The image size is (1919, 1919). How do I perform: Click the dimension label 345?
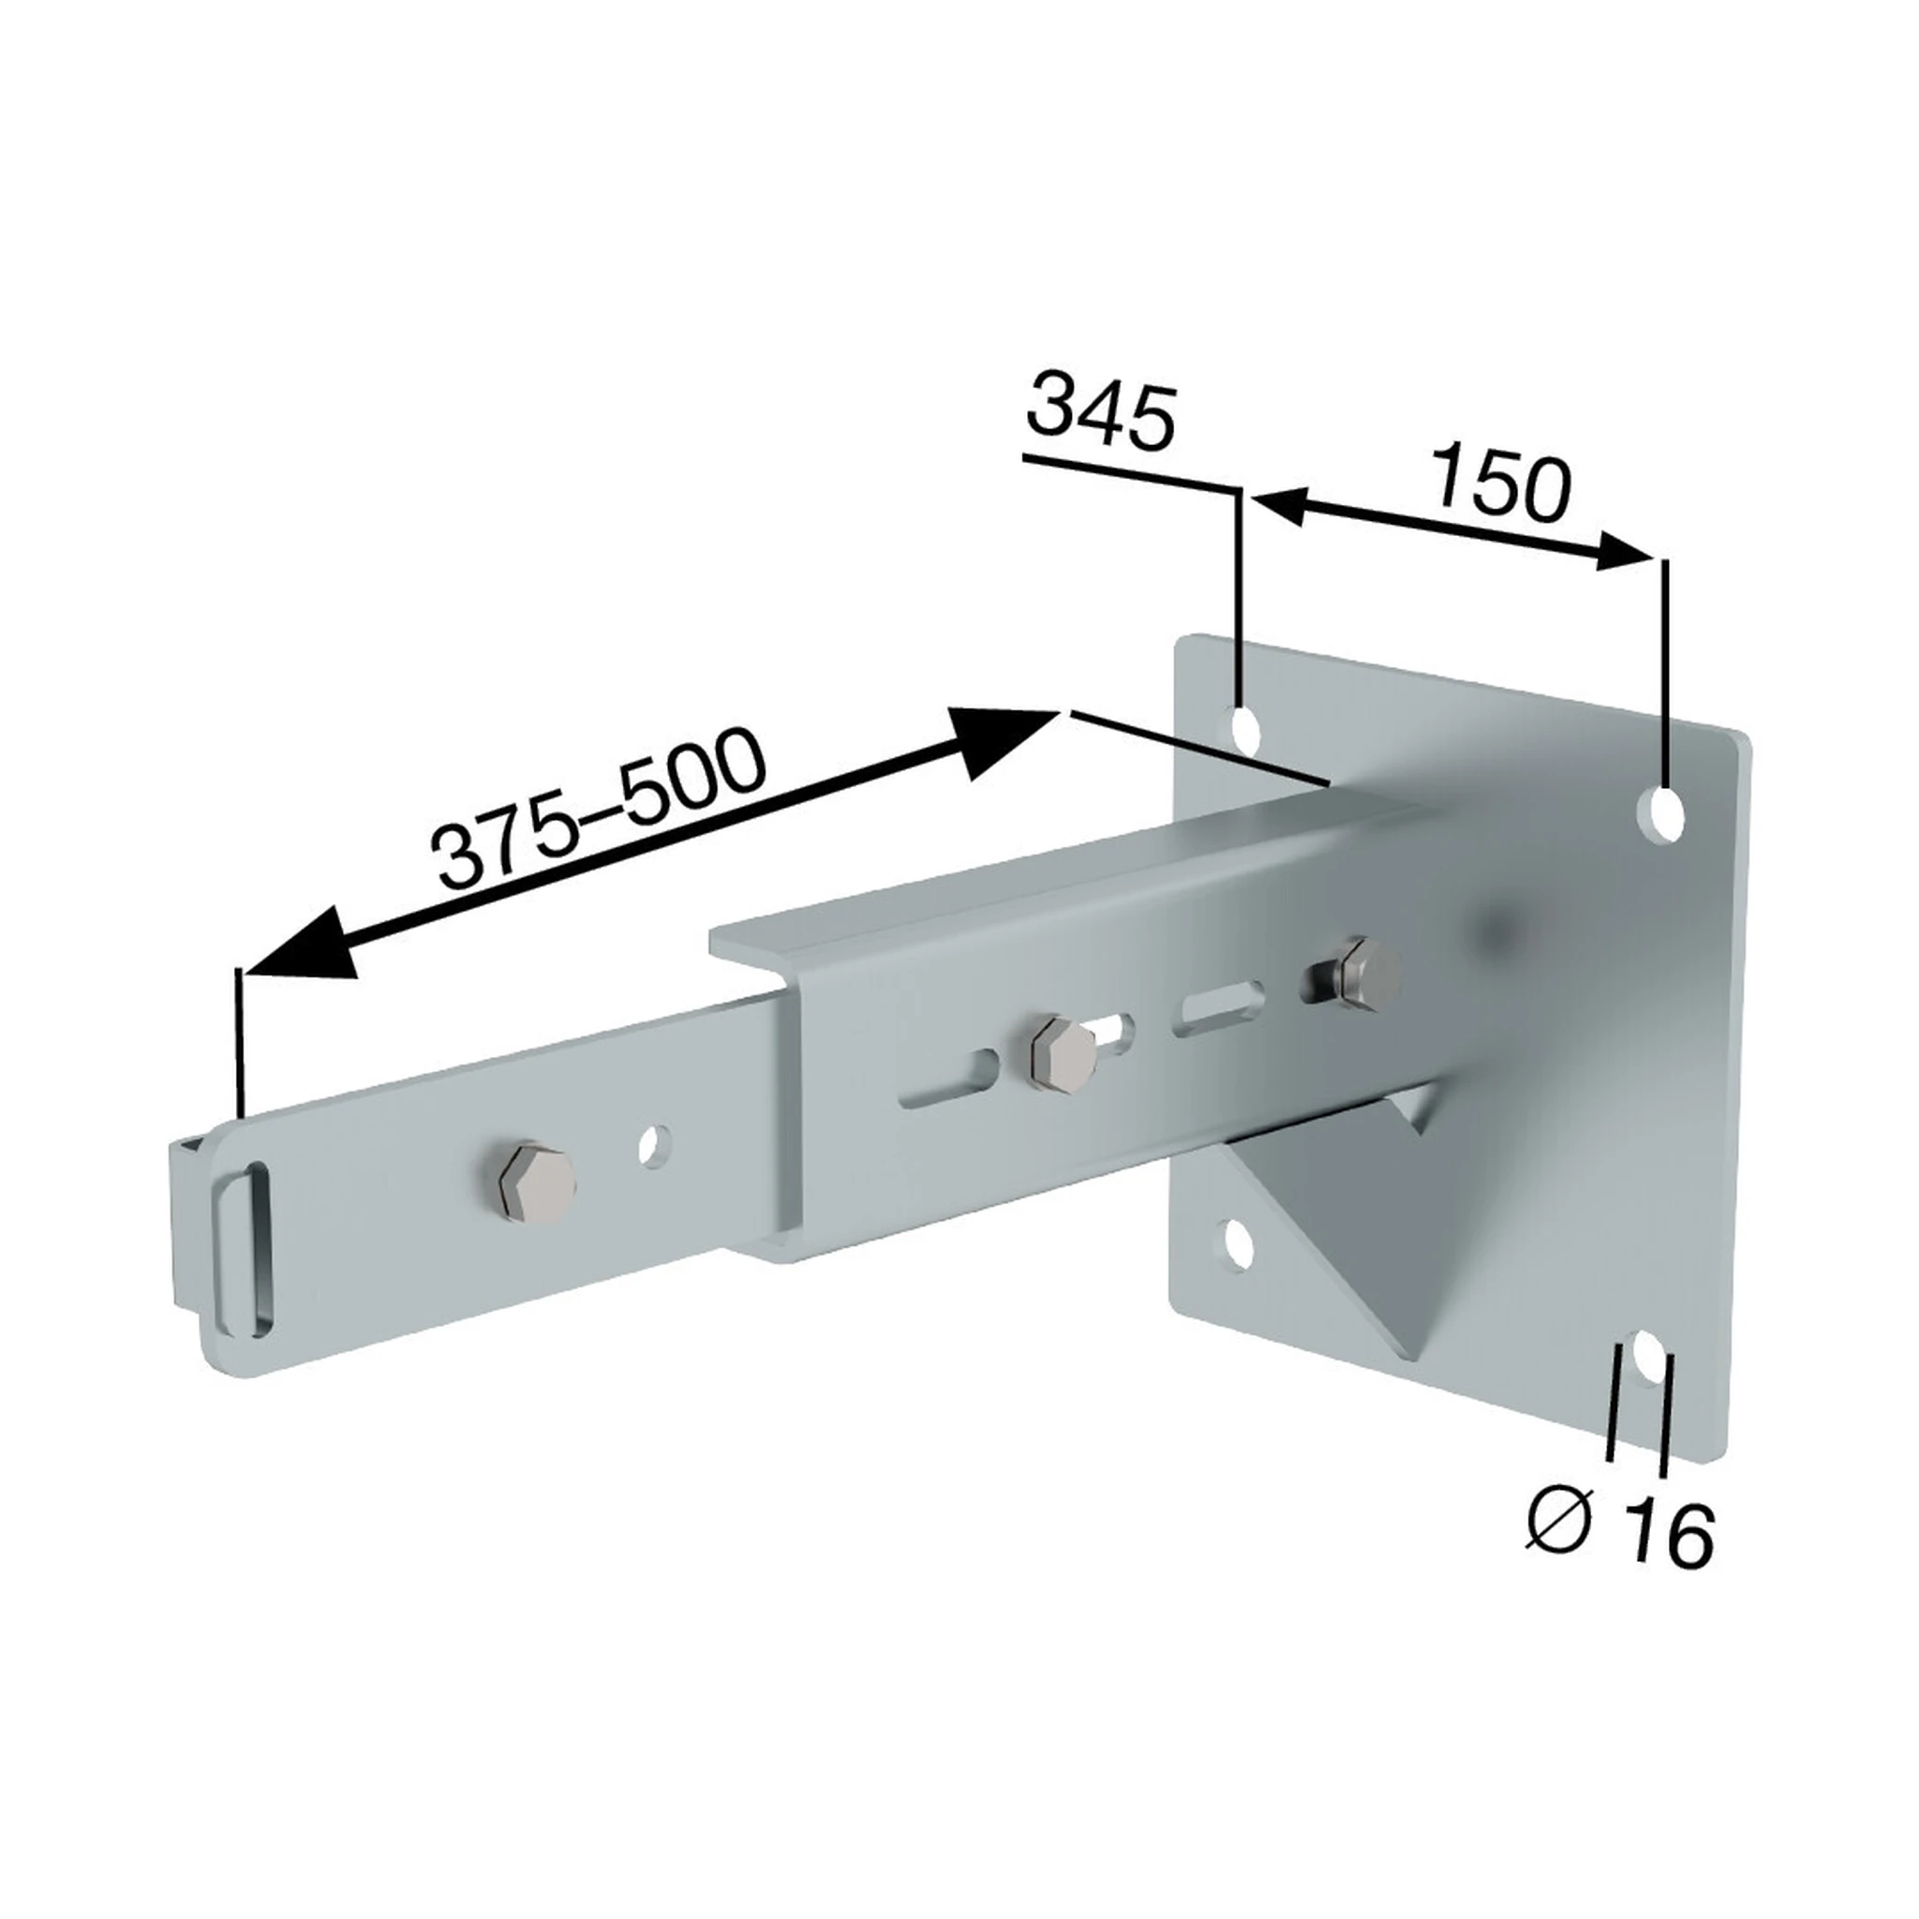(1102, 409)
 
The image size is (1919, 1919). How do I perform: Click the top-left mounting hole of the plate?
(1243, 730)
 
